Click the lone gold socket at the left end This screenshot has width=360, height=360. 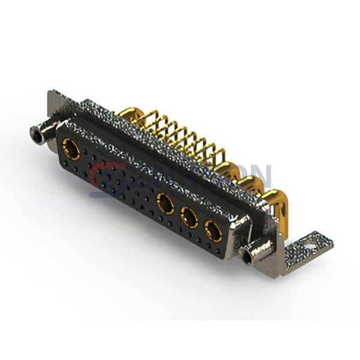(71, 149)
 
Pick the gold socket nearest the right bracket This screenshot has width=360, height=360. (212, 230)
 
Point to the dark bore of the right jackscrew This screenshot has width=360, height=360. (247, 259)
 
